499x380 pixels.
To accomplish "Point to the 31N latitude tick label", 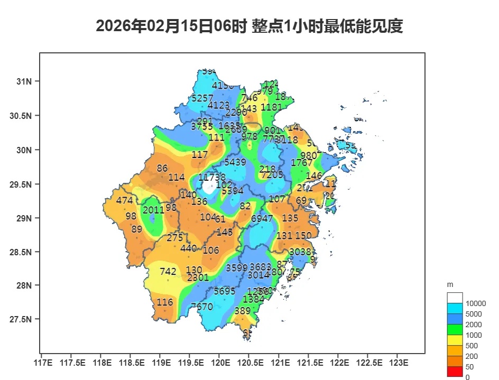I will (x=24, y=81).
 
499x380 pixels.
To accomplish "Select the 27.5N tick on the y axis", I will (x=21, y=320).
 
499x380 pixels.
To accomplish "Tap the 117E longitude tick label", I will (x=42, y=363).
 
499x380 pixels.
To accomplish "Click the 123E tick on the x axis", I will (x=399, y=363).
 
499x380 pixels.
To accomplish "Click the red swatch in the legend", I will (x=455, y=372).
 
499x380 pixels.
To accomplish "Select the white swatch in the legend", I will (x=455, y=298).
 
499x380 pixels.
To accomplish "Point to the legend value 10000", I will (x=475, y=303).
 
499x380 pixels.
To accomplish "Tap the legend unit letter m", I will (x=450, y=284).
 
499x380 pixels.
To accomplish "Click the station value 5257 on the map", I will (x=202, y=98).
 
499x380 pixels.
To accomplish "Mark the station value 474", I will (x=125, y=201).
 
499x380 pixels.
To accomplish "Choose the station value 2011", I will (x=154, y=210).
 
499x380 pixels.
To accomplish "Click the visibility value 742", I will (x=168, y=272).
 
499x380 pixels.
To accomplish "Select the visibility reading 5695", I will (x=225, y=291).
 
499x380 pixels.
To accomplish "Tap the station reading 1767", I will (x=302, y=163).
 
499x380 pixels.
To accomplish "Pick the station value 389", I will (x=242, y=311).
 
